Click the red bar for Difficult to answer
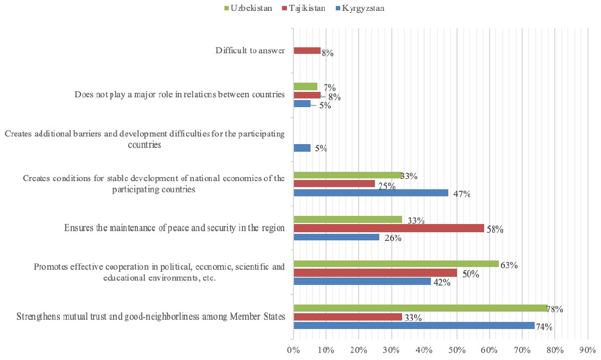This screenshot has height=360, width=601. click(307, 51)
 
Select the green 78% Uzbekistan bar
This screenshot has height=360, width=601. click(421, 308)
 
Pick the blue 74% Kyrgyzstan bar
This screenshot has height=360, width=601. click(414, 326)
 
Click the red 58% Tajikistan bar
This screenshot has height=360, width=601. click(389, 228)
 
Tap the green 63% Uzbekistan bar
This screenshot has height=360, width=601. click(396, 264)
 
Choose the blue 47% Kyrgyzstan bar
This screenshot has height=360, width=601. click(371, 193)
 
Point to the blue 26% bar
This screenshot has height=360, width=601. click(336, 237)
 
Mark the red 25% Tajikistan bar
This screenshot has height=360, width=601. click(334, 184)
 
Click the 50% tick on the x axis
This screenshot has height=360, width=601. click(457, 348)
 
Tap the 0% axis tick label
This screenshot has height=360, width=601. click(293, 348)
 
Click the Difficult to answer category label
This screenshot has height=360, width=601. click(250, 51)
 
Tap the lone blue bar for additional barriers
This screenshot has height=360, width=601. click(302, 148)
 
